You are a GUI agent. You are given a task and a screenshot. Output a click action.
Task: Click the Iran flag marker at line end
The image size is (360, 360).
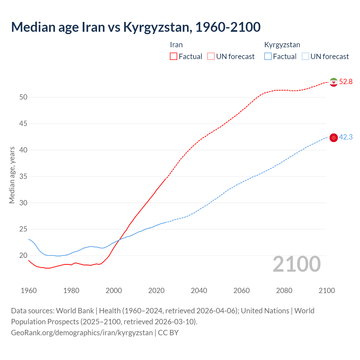coord(334,82)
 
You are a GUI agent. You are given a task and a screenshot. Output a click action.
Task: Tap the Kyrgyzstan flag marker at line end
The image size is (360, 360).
coord(334,138)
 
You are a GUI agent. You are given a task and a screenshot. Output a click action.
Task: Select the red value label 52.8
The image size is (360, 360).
coord(346,82)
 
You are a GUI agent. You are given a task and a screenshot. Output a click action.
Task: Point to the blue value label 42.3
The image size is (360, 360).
coord(346,137)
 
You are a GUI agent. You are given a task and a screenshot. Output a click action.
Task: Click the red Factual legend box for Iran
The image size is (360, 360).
coord(174,57)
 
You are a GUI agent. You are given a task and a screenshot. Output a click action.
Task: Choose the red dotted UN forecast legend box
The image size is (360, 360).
coord(211,57)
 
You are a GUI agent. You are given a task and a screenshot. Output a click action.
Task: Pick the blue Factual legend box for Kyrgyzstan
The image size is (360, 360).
coord(268,57)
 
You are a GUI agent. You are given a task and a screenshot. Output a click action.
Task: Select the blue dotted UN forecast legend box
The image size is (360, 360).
coord(305,57)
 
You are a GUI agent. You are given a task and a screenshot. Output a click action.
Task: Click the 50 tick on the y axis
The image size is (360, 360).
coord(23,97)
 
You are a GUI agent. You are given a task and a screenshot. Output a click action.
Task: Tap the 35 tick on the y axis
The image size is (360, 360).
coord(23,177)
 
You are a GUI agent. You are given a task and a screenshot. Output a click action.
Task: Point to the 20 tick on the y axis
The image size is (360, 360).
coord(23,256)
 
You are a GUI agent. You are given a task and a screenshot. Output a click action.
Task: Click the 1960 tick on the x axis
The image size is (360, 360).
coord(29,291)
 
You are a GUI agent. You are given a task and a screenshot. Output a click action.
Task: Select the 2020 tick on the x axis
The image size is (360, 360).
coord(156,291)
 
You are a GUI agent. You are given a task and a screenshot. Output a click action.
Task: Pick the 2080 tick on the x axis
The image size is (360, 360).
coord(284,291)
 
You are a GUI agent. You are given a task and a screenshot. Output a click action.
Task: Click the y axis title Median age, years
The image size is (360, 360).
coord(12,175)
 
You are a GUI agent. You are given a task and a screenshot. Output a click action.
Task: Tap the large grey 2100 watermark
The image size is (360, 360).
coord(296,264)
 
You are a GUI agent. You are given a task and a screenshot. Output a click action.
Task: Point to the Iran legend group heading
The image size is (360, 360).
coord(176,45)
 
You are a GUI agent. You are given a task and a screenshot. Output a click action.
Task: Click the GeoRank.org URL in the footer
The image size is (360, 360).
coord(82,333)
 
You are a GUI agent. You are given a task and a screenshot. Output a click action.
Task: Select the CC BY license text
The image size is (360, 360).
coord(168,333)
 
